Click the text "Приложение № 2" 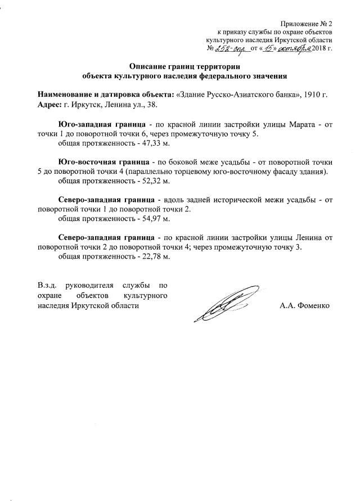307,23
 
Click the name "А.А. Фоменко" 304,306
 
